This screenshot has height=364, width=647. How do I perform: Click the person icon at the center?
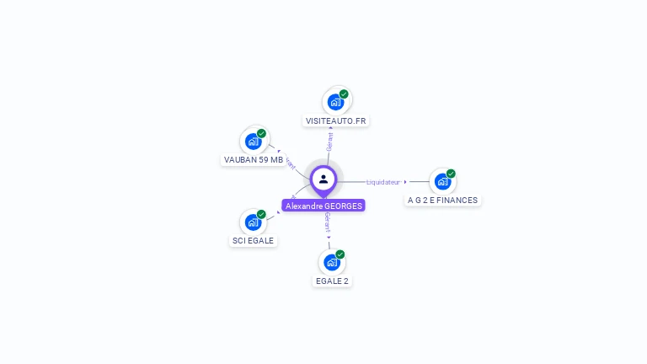[x=323, y=179]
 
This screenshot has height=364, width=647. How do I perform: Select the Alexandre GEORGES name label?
[x=323, y=206]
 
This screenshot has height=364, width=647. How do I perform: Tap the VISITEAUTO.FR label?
[x=336, y=121]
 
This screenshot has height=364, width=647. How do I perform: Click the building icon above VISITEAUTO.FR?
[x=335, y=102]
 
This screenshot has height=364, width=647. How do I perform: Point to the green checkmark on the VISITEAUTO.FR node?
[x=344, y=94]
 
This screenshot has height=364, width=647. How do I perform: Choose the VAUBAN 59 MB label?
[x=254, y=159]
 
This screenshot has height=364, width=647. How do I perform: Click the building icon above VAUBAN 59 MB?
[x=253, y=141]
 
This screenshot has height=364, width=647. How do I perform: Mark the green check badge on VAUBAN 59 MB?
[x=261, y=133]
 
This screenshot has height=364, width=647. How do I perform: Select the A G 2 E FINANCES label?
[x=442, y=201]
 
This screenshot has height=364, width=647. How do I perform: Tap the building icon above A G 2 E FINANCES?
[x=442, y=181]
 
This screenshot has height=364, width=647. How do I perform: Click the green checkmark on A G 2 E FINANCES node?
[x=451, y=174]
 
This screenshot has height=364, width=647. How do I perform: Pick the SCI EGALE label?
[x=253, y=240]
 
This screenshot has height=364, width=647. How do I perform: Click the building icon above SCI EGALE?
[x=253, y=222]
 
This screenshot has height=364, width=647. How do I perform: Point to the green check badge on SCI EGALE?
[x=261, y=214]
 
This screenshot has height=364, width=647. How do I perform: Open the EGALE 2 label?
[x=332, y=281]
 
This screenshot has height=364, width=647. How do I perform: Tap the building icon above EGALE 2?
[x=332, y=262]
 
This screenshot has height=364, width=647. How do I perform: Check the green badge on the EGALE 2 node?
[x=340, y=254]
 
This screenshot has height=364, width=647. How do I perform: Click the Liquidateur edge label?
[x=383, y=182]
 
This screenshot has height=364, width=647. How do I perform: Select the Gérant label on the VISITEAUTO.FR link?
[x=330, y=142]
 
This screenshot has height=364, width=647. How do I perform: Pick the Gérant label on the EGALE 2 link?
[x=327, y=222]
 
